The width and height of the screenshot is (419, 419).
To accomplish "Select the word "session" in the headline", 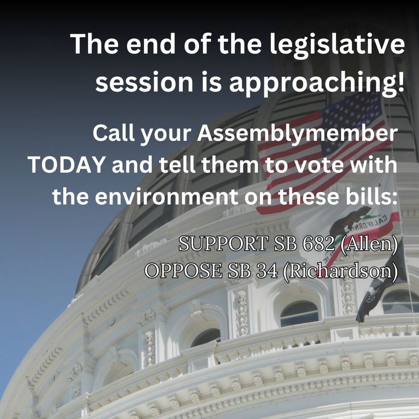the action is tap(144, 81).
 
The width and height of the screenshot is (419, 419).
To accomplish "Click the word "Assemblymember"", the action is tap(297, 134).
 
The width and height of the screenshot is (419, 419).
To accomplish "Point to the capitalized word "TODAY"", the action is tap(66, 164).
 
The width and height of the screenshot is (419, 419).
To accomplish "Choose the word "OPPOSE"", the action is tap(184, 270).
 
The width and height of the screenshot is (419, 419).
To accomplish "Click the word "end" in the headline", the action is tap(150, 44).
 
